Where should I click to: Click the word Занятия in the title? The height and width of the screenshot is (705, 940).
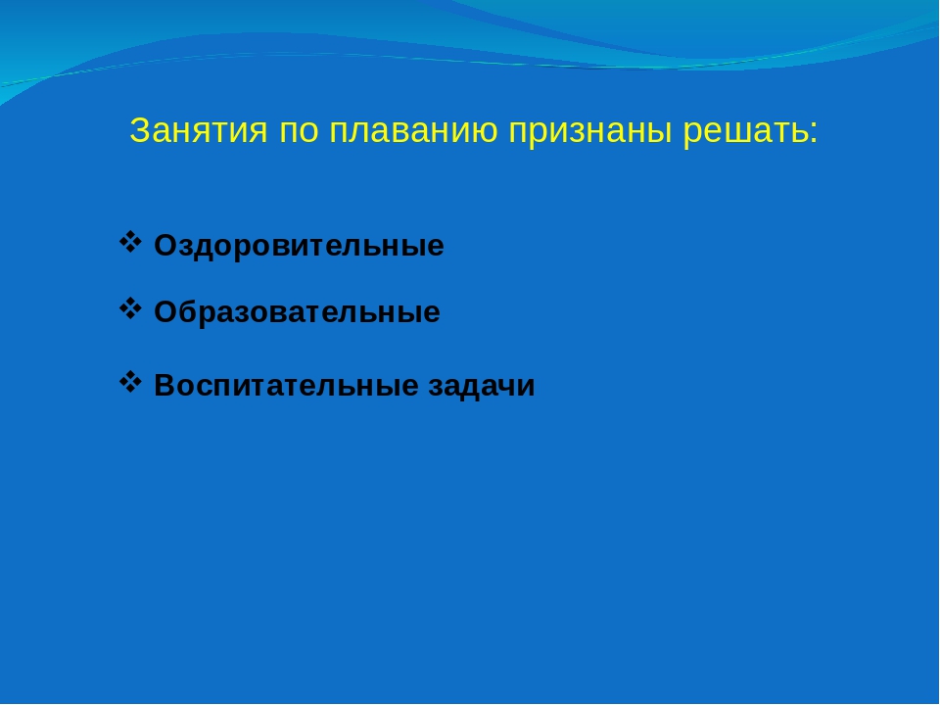pos(199,130)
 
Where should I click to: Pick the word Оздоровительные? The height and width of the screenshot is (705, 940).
pos(300,246)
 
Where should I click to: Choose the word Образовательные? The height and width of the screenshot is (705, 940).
pos(298,312)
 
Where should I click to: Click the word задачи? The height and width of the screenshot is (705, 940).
pos(482,386)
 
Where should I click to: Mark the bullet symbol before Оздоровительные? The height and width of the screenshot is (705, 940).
pos(130,242)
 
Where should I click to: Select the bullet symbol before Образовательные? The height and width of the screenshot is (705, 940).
pos(130,308)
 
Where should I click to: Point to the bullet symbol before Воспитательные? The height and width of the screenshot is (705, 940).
pos(130,382)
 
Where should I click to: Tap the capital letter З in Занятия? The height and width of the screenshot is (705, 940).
pos(139,130)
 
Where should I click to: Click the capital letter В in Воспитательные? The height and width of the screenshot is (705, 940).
pos(165,386)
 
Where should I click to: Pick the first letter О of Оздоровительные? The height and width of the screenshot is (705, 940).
pos(166,246)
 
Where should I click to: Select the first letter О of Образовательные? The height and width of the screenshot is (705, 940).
pos(166,312)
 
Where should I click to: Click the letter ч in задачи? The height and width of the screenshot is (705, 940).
pos(506,388)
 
